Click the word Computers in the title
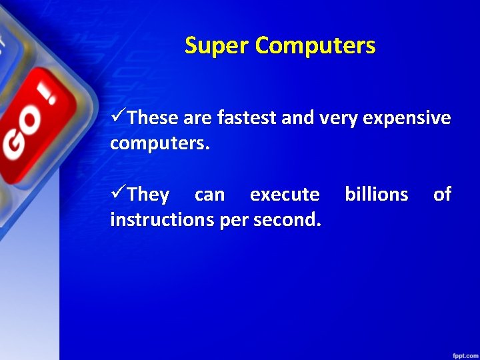(315, 46)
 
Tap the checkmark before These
(117, 118)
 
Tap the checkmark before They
(117, 194)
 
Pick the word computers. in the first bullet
(160, 143)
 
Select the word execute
(285, 195)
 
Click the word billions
(376, 195)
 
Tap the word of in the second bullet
(442, 195)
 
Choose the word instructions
(163, 219)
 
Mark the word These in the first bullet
(153, 119)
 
